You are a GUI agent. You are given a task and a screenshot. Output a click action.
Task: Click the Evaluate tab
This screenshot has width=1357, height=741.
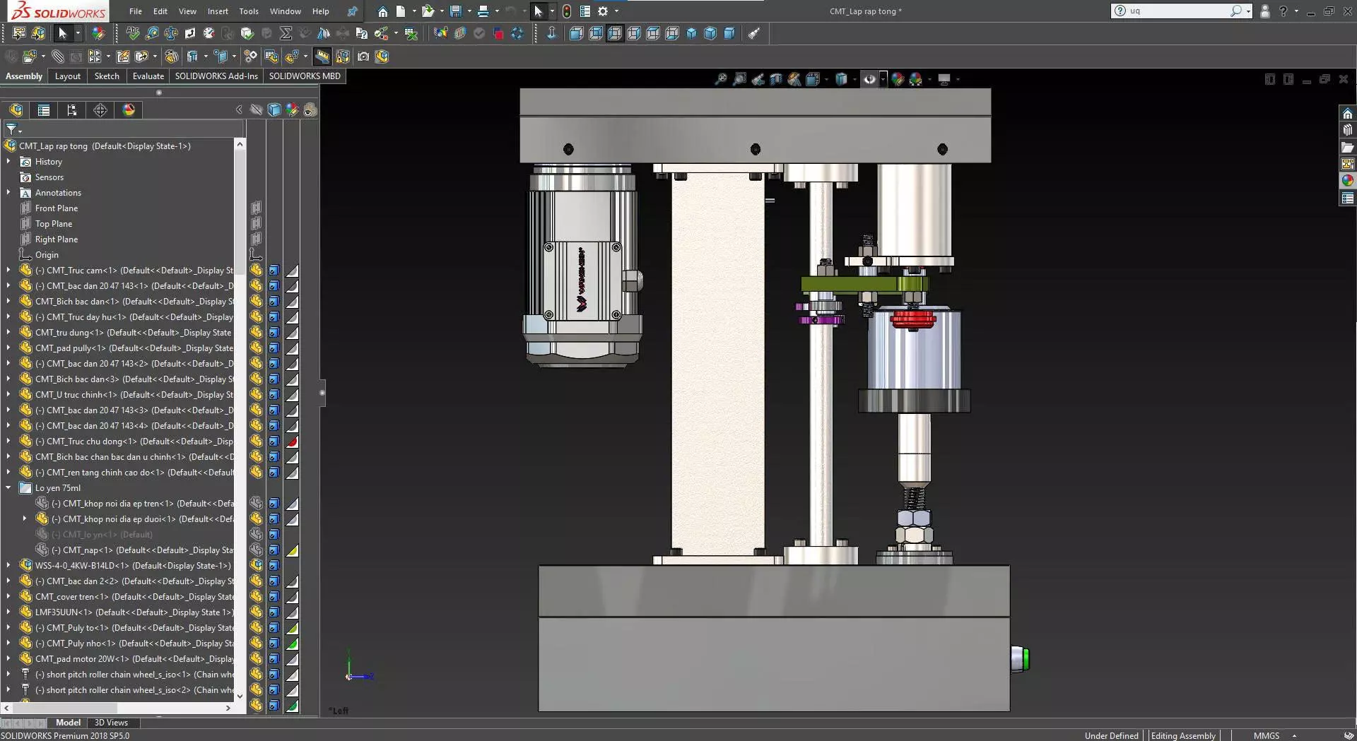point(148,76)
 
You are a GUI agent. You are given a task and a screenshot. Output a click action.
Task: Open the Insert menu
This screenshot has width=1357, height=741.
point(218,11)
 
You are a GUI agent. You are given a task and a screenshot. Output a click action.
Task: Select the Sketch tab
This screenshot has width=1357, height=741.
point(107,76)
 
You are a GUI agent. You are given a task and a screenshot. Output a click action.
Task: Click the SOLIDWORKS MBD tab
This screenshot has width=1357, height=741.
point(304,76)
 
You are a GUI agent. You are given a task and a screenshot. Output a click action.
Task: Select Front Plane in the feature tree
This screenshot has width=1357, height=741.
point(57,208)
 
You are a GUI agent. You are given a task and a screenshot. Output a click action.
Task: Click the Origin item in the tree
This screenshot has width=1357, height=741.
point(47,255)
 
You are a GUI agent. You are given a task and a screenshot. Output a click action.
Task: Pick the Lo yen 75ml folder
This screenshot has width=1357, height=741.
point(57,488)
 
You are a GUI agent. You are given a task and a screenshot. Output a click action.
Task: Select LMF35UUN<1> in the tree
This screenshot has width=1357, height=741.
point(64,612)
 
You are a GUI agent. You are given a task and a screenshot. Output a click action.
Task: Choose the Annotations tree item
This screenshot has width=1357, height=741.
point(58,193)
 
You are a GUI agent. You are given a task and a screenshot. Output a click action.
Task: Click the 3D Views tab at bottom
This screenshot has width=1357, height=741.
point(111,723)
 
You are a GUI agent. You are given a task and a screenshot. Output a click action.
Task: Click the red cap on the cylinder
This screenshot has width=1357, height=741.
point(912,319)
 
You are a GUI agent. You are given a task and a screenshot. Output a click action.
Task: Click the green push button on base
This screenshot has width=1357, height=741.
point(1022,658)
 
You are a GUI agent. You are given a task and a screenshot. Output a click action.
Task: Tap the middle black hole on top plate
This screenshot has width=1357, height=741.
point(756,149)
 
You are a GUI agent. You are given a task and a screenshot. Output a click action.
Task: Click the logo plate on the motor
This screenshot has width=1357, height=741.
point(582,280)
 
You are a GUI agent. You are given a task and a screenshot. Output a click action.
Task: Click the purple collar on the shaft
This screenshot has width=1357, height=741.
point(820,320)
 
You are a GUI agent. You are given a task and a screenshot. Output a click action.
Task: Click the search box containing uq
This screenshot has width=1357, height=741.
point(1177,11)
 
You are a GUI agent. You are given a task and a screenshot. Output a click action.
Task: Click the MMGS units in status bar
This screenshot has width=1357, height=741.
point(1266,735)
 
